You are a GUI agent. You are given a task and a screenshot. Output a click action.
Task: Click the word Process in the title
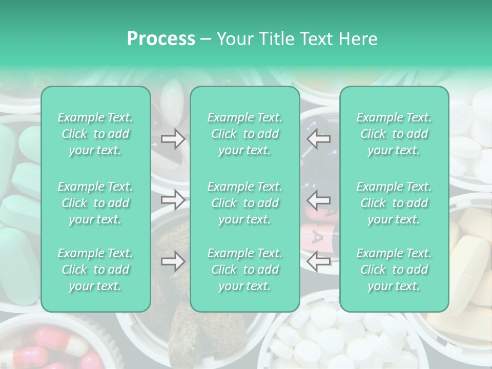coord(161,39)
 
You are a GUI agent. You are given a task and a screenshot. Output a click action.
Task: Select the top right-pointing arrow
coord(173,138)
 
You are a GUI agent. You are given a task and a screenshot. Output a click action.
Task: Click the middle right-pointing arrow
coord(173,200)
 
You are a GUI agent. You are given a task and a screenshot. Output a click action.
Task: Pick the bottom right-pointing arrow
coord(173,261)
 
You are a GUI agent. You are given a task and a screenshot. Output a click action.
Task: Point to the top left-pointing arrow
coord(319,138)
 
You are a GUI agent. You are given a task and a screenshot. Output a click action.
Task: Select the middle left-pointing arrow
coord(319,200)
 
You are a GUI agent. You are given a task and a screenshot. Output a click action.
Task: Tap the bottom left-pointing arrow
coord(319,261)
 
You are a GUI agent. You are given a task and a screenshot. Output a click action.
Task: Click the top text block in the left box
coord(95,134)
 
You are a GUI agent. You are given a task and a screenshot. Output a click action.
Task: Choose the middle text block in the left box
coord(95,203)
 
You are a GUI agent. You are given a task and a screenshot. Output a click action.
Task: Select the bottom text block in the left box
coord(95,270)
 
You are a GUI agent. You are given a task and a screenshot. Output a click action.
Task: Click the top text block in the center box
coord(245,134)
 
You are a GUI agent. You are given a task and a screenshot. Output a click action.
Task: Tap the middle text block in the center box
coord(245,203)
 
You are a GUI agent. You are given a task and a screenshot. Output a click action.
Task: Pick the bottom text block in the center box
coord(245,270)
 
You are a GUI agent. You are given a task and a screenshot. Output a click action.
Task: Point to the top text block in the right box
coord(394,134)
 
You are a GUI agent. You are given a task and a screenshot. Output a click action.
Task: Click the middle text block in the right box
coord(394,203)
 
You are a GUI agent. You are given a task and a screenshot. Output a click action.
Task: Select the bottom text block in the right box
coord(394,270)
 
